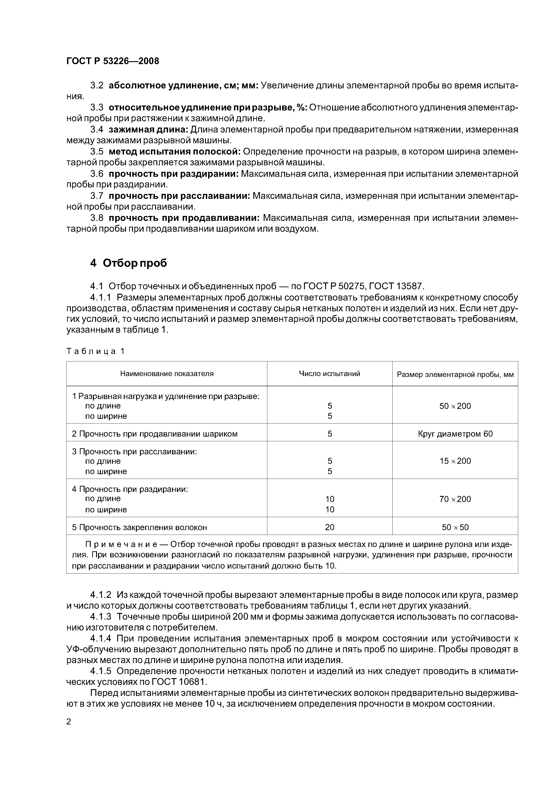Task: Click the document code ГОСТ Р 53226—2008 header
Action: pyautogui.click(x=112, y=61)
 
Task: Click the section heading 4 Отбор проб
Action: pyautogui.click(x=128, y=263)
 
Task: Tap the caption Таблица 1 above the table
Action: pyautogui.click(x=95, y=351)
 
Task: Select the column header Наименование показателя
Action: pyautogui.click(x=167, y=374)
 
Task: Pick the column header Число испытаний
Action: pyautogui.click(x=329, y=374)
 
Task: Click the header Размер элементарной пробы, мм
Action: pyautogui.click(x=455, y=374)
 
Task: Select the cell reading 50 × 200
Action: pyautogui.click(x=455, y=406)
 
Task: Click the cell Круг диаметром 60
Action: pyautogui.click(x=455, y=434)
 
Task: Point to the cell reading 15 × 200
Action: pyautogui.click(x=455, y=461)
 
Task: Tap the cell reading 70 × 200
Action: pyautogui.click(x=455, y=499)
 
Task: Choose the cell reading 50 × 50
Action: pyautogui.click(x=455, y=527)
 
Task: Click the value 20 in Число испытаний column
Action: pyautogui.click(x=329, y=527)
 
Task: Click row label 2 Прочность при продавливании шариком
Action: pyautogui.click(x=155, y=434)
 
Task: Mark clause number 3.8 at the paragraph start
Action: pyautogui.click(x=97, y=218)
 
